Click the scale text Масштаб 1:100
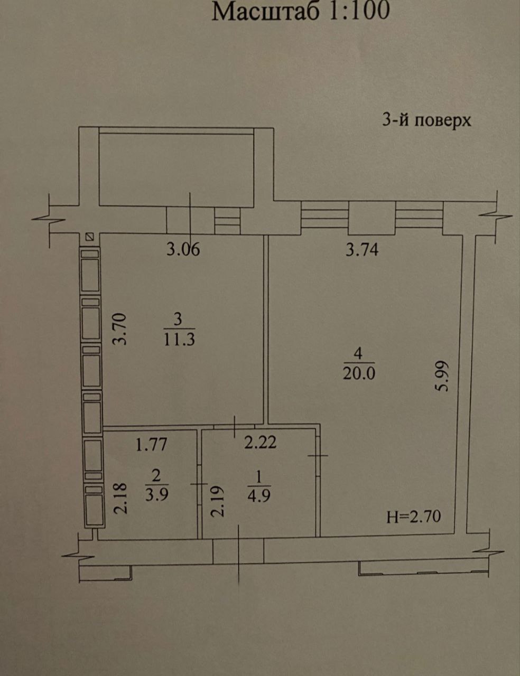[301, 12]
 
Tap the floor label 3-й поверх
[426, 120]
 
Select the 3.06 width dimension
[183, 249]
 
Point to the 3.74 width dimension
[362, 249]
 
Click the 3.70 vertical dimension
[119, 329]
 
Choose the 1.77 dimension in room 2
[152, 444]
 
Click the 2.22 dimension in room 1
[260, 442]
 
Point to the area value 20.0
[359, 373]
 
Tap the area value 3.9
[157, 494]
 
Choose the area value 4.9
[259, 496]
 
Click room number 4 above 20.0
[358, 353]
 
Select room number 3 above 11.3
[178, 319]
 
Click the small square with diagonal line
[90, 237]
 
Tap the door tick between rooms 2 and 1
[199, 484]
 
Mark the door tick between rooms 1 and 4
[318, 455]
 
